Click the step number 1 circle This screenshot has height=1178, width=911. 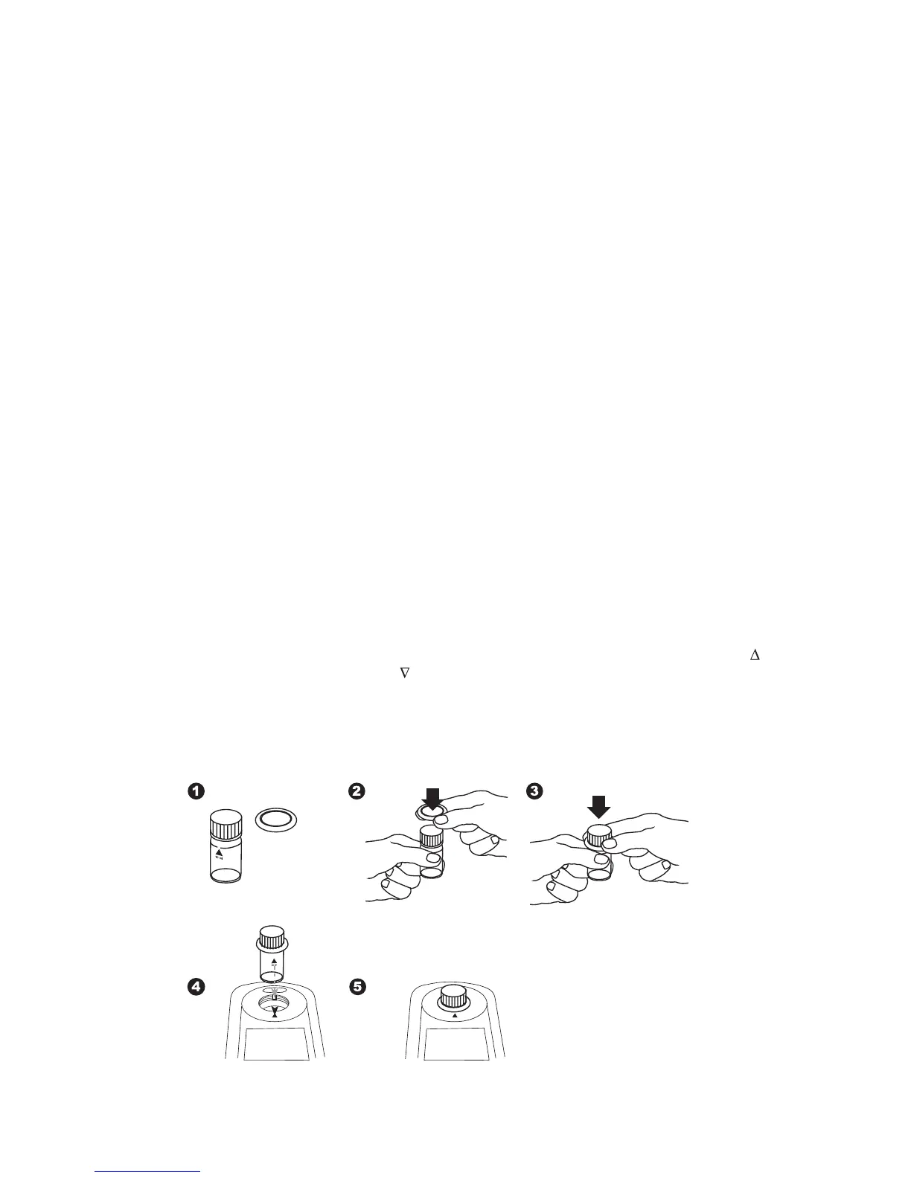pos(196,792)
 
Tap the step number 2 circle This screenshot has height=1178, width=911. pos(357,792)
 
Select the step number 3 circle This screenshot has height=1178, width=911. pos(534,792)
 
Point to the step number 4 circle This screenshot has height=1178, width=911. pos(196,988)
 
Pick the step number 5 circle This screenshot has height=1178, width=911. pos(357,988)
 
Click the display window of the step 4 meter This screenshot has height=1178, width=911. pos(275,1042)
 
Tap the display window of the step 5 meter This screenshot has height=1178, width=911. pos(454,1042)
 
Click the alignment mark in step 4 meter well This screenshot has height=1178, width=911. pos(275,1011)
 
